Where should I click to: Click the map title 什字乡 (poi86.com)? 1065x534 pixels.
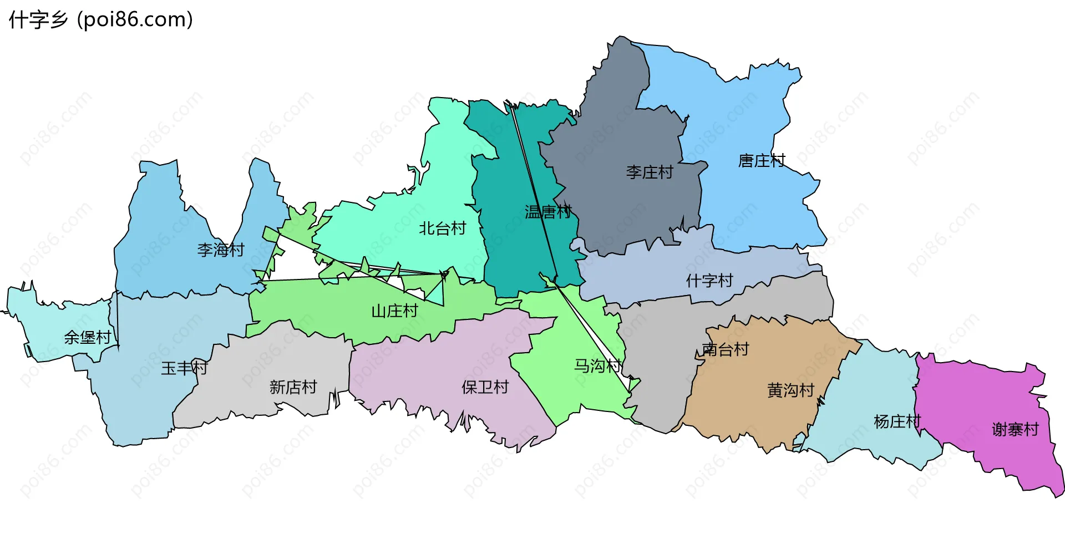click(100, 20)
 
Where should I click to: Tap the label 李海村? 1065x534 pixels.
click(221, 250)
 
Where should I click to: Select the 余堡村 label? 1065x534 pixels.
click(87, 337)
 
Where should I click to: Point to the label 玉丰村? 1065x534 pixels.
click(184, 368)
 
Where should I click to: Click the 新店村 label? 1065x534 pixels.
click(293, 387)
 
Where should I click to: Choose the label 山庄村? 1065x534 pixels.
click(394, 311)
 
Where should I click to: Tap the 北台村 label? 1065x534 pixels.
click(442, 228)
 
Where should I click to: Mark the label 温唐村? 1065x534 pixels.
click(548, 212)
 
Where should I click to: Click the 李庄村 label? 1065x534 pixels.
click(649, 172)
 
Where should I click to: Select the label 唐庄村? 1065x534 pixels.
click(761, 161)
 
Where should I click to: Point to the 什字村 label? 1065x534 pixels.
click(709, 281)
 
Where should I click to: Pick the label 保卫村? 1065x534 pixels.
click(485, 387)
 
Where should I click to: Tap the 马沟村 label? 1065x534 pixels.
click(597, 366)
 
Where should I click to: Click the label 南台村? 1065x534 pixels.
click(726, 349)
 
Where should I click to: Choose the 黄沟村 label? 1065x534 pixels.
click(790, 390)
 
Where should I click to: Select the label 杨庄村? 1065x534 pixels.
click(897, 421)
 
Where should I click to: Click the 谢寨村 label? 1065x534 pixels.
click(1015, 429)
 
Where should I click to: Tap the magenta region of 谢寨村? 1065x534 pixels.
click(976, 399)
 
